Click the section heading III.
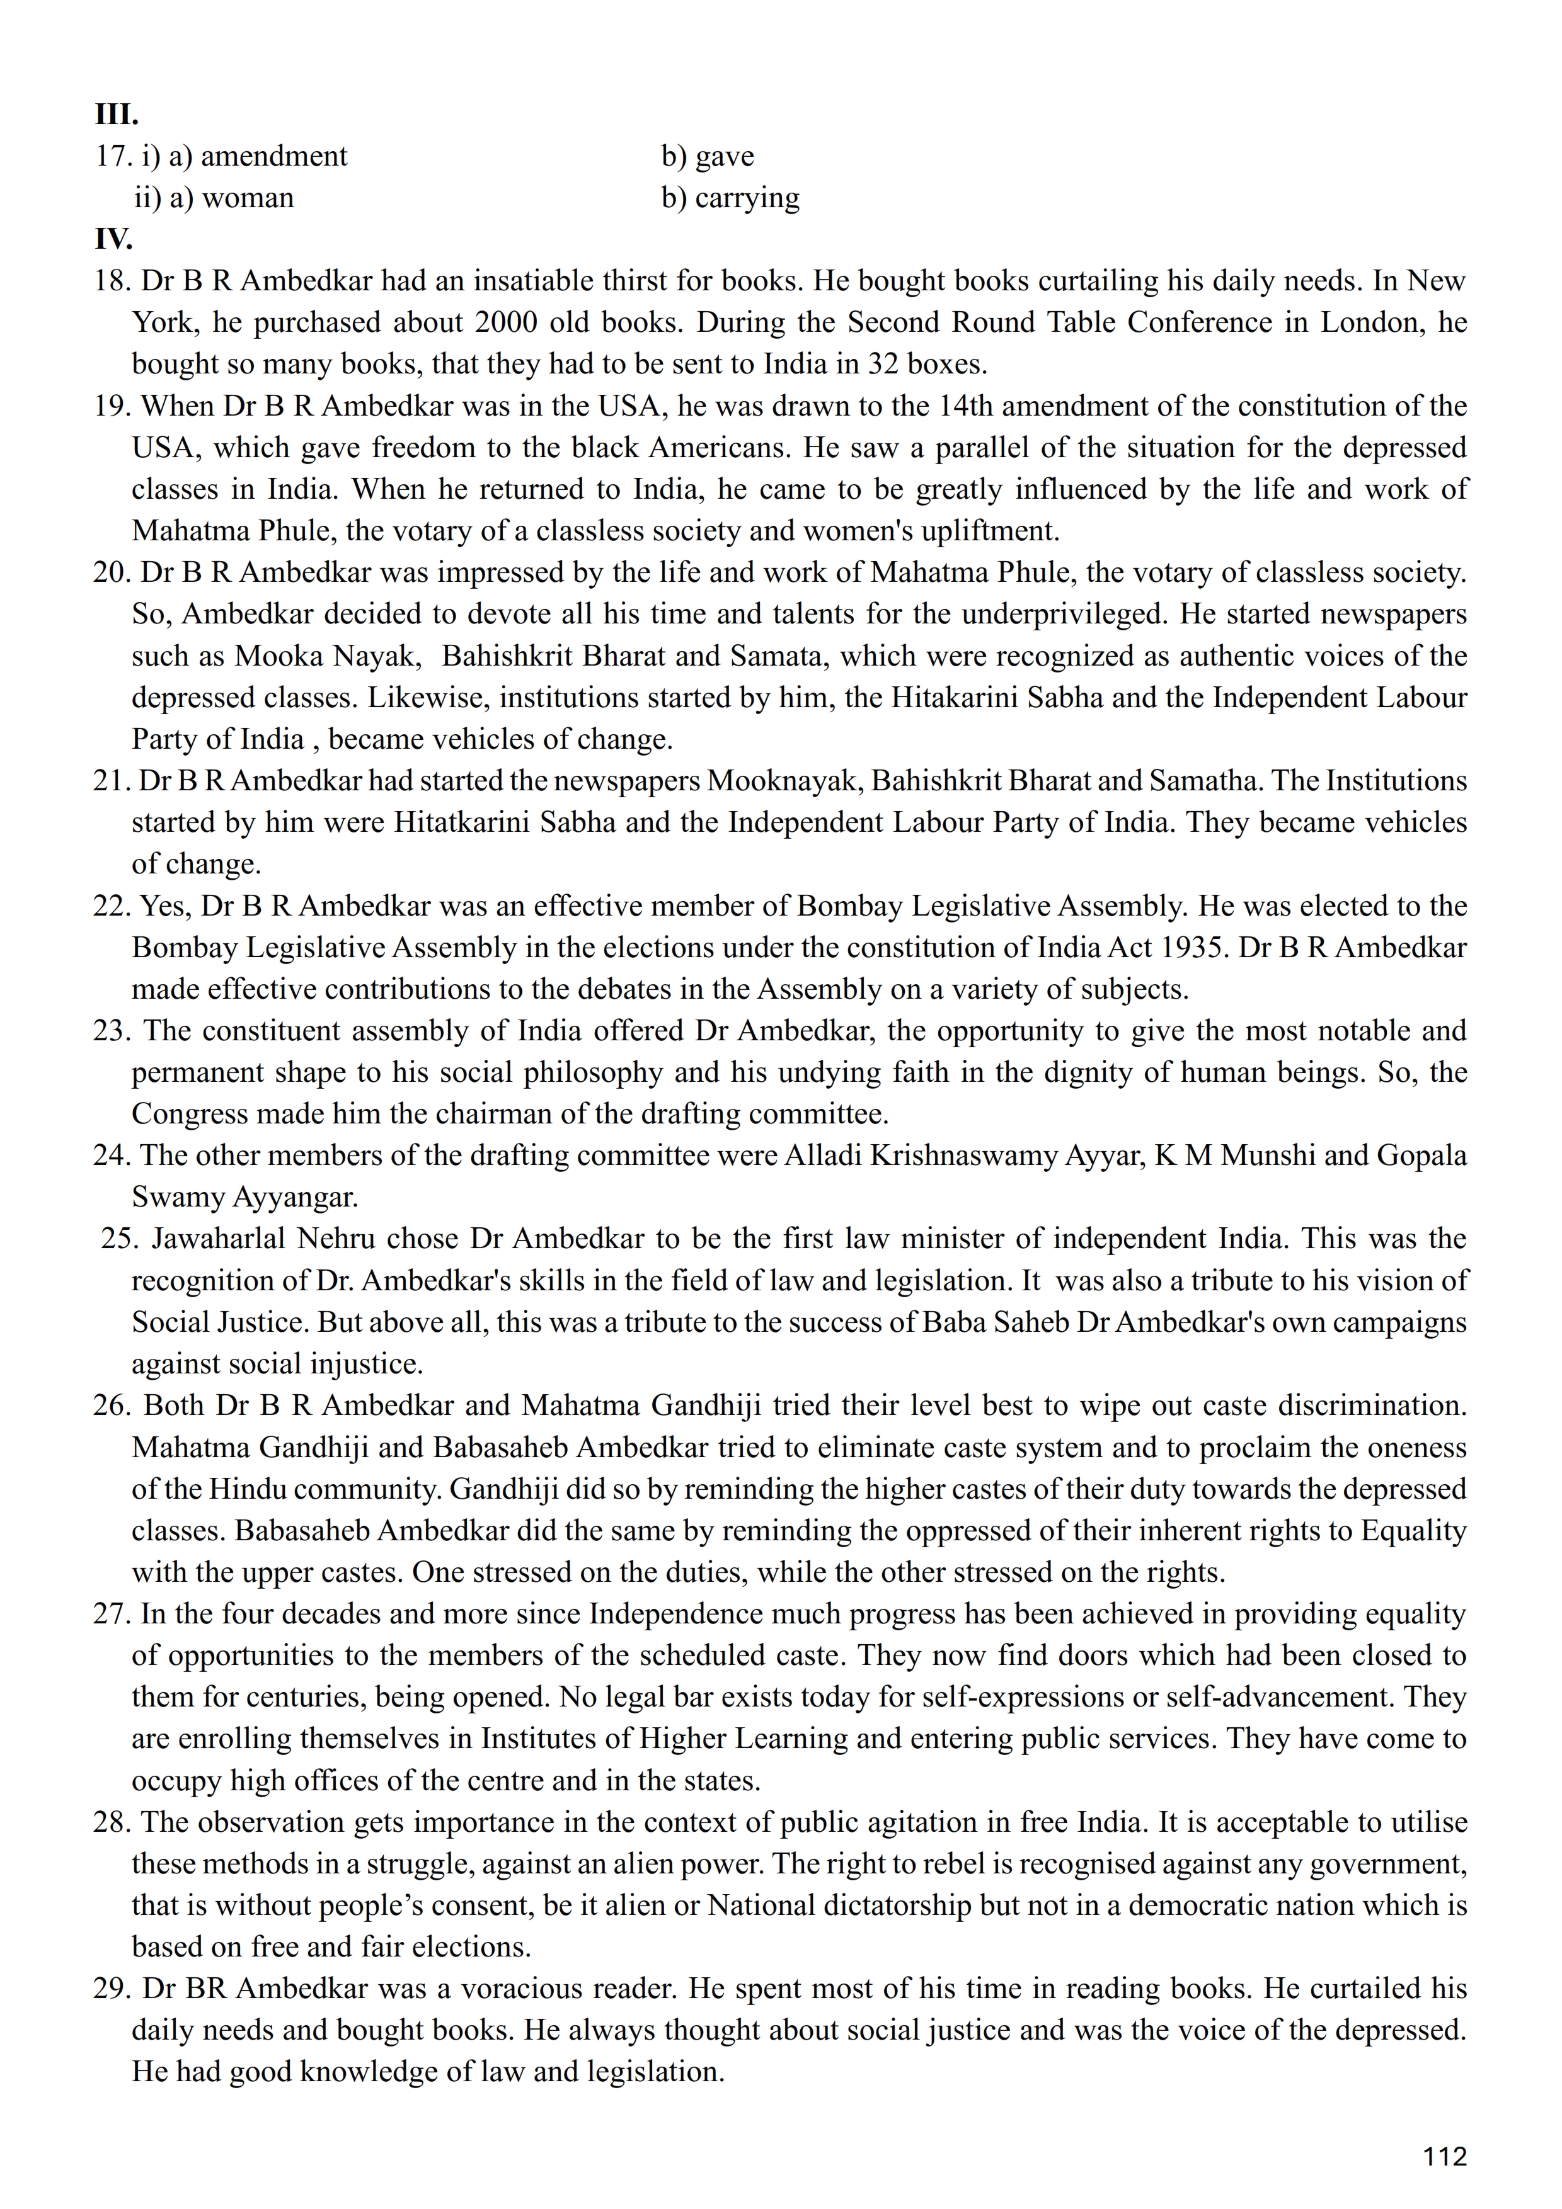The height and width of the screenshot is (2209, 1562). [117, 115]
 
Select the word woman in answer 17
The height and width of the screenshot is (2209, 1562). [248, 198]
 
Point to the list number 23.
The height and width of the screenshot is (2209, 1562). [112, 1031]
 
